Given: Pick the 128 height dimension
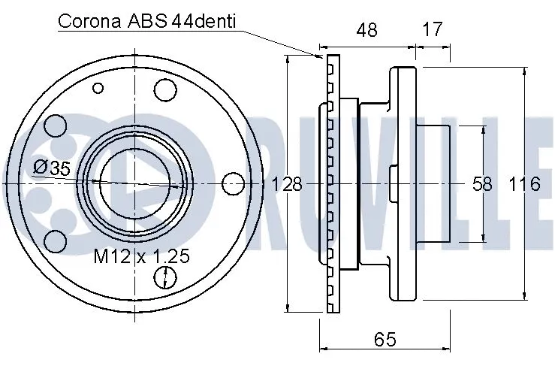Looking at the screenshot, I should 286,184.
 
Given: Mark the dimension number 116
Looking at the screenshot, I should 524,184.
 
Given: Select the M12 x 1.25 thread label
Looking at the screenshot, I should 140,256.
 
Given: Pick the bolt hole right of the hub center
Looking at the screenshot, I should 234,183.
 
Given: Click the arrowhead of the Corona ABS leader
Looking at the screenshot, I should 322,56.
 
